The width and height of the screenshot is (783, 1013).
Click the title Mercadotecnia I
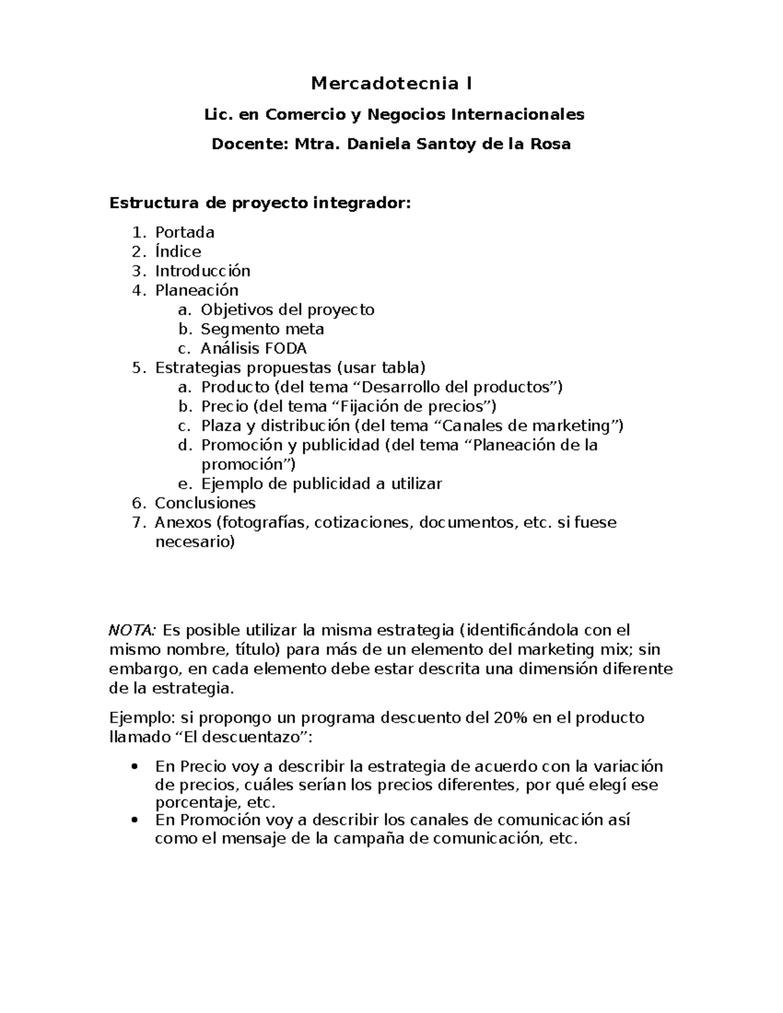point(391,83)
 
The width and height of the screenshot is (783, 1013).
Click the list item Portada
point(185,232)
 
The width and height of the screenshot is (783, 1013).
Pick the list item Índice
point(177,251)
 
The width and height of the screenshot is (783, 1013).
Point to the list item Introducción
point(202,271)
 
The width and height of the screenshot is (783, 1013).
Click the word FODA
point(284,348)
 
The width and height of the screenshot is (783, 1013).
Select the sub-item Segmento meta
point(262,329)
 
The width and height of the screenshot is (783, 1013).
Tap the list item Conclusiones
point(205,503)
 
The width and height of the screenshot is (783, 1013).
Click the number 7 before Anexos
point(136,522)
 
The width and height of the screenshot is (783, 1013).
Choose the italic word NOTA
point(132,630)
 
